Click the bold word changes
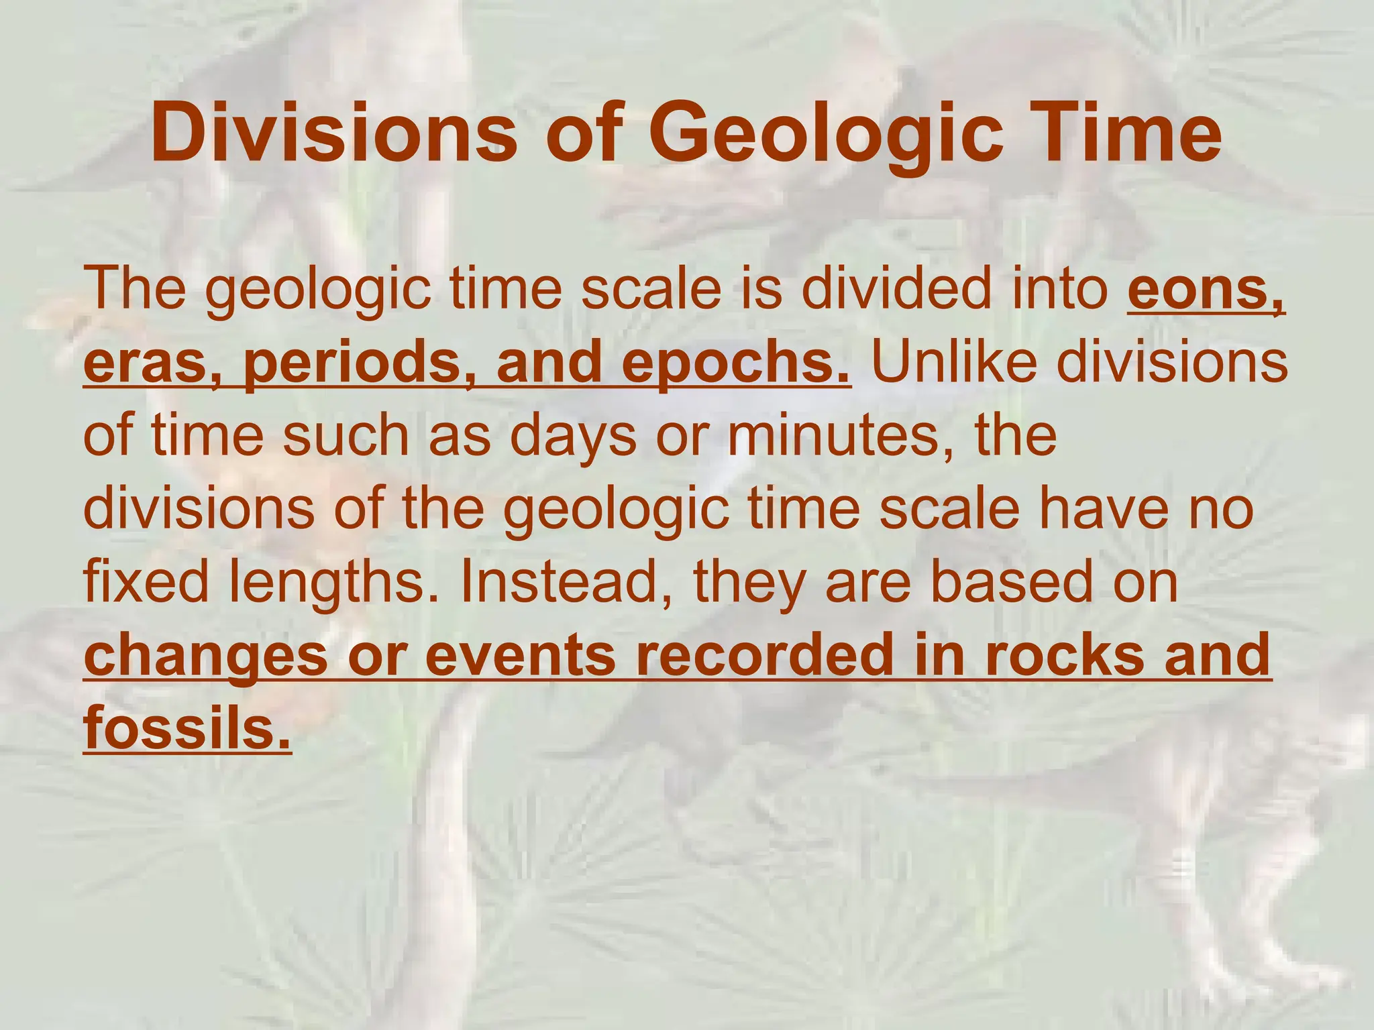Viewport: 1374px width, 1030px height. (x=205, y=656)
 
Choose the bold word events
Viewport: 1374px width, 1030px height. (x=520, y=656)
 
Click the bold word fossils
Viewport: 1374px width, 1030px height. (x=187, y=729)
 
